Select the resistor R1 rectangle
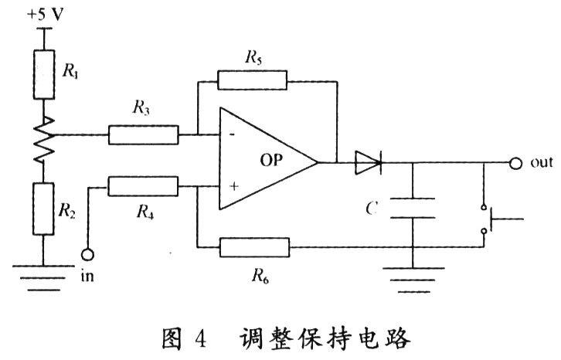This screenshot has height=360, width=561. pyautogui.click(x=43, y=75)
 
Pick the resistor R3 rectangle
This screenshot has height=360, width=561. pyautogui.click(x=143, y=135)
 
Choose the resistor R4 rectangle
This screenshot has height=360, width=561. pyautogui.click(x=143, y=186)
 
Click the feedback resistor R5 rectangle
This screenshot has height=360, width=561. pyautogui.click(x=252, y=79)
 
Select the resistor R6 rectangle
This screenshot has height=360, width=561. pyautogui.click(x=254, y=248)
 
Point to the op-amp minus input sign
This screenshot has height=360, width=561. pyautogui.click(x=229, y=135)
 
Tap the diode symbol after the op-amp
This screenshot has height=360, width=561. pyautogui.click(x=368, y=162)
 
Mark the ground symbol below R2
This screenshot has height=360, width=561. pyautogui.click(x=43, y=274)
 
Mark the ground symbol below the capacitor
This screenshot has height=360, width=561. pyautogui.click(x=413, y=274)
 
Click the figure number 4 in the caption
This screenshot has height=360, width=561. pyautogui.click(x=200, y=338)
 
